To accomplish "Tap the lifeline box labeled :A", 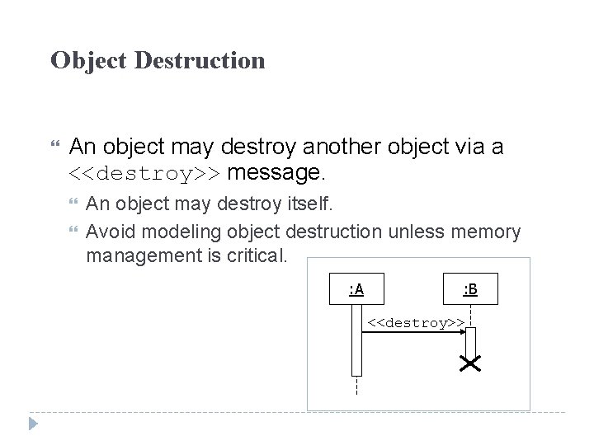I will (356, 289).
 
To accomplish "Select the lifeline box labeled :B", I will (470, 289).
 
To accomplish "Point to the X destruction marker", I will (471, 363).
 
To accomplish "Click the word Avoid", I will (108, 232).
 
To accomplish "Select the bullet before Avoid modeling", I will (77, 232).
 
